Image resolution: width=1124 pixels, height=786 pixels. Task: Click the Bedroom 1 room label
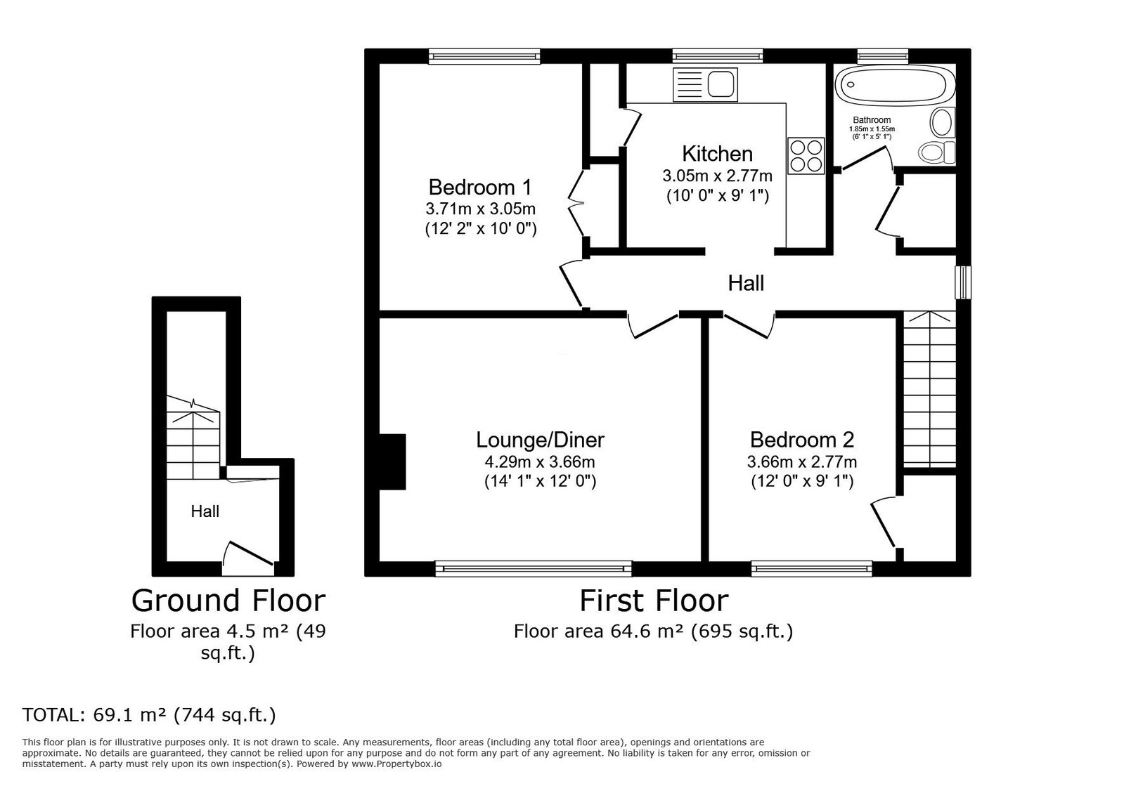[x=479, y=188]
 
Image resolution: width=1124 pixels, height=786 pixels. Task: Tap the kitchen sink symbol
[x=705, y=85]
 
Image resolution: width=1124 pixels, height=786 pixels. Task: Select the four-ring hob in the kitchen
[x=806, y=156]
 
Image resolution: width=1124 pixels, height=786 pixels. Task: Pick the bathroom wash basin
[x=943, y=122]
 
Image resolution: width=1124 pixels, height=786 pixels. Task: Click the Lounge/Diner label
[x=540, y=440]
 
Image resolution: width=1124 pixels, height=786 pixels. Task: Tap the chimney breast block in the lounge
[x=392, y=461]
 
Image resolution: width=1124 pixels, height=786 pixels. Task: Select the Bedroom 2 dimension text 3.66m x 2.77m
[x=802, y=461]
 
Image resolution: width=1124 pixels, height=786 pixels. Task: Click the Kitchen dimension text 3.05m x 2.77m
[x=717, y=176]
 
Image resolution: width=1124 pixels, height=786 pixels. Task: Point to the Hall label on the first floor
[x=746, y=284]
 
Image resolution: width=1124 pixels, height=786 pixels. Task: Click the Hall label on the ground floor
[x=205, y=511]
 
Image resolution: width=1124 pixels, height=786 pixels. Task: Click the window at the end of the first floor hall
[x=963, y=282]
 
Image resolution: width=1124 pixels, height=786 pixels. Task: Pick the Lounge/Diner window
[x=534, y=568]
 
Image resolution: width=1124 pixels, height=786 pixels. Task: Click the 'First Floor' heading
[x=654, y=601]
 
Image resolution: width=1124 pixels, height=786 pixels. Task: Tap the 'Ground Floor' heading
[x=228, y=601]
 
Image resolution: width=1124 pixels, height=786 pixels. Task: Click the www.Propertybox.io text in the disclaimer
[x=396, y=764]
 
